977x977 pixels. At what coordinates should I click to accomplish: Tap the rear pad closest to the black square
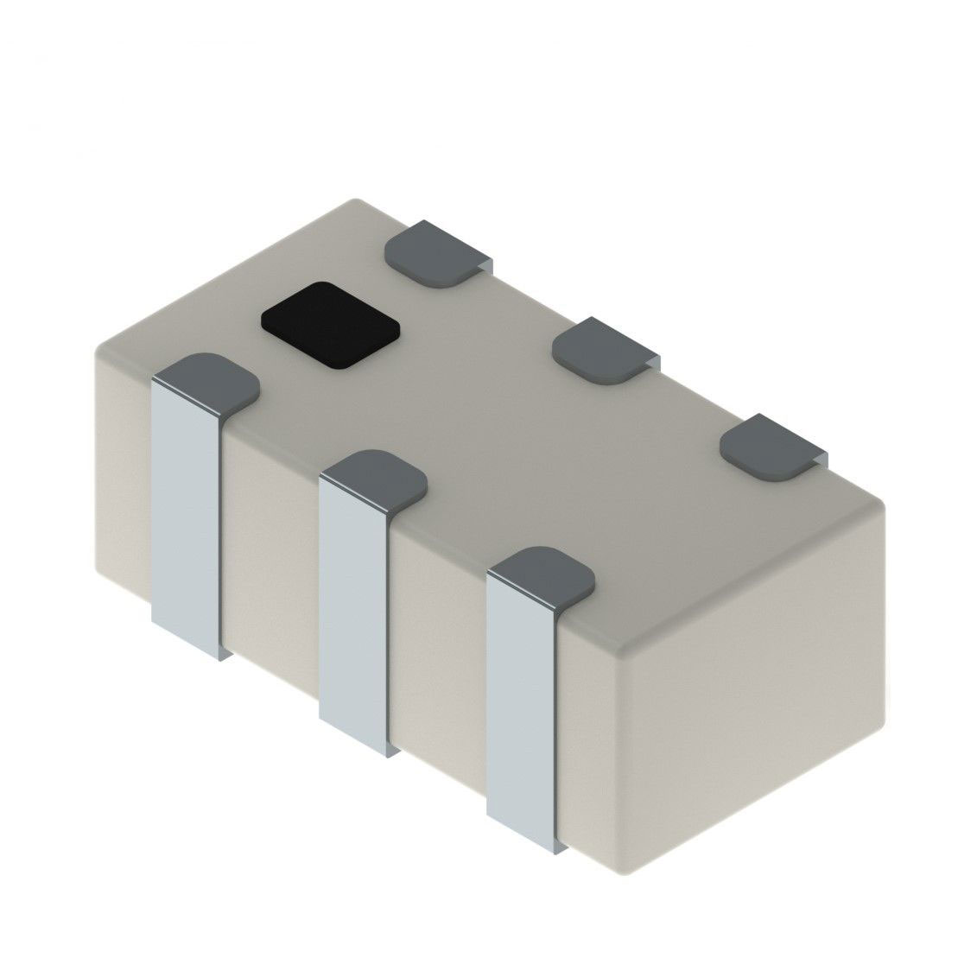pos(436,251)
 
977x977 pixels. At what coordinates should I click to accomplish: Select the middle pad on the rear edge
pos(604,347)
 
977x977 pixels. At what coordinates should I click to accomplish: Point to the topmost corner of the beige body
pos(355,201)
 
